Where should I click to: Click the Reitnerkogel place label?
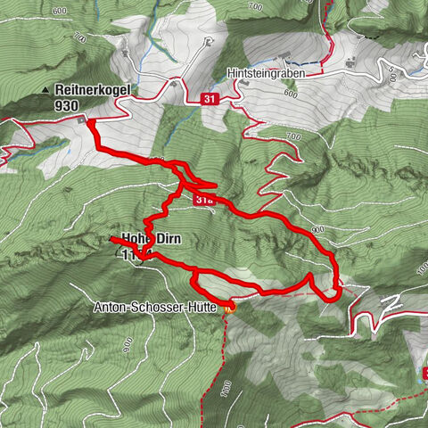click(x=94, y=89)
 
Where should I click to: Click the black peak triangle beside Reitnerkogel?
click(x=46, y=90)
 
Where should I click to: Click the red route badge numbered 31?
click(x=210, y=99)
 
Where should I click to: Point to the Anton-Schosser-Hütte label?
click(x=156, y=307)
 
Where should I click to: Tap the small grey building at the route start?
click(x=82, y=119)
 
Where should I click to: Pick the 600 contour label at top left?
click(x=59, y=11)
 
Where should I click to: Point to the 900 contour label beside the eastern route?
click(x=317, y=229)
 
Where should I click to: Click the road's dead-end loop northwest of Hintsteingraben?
click(x=208, y=43)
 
